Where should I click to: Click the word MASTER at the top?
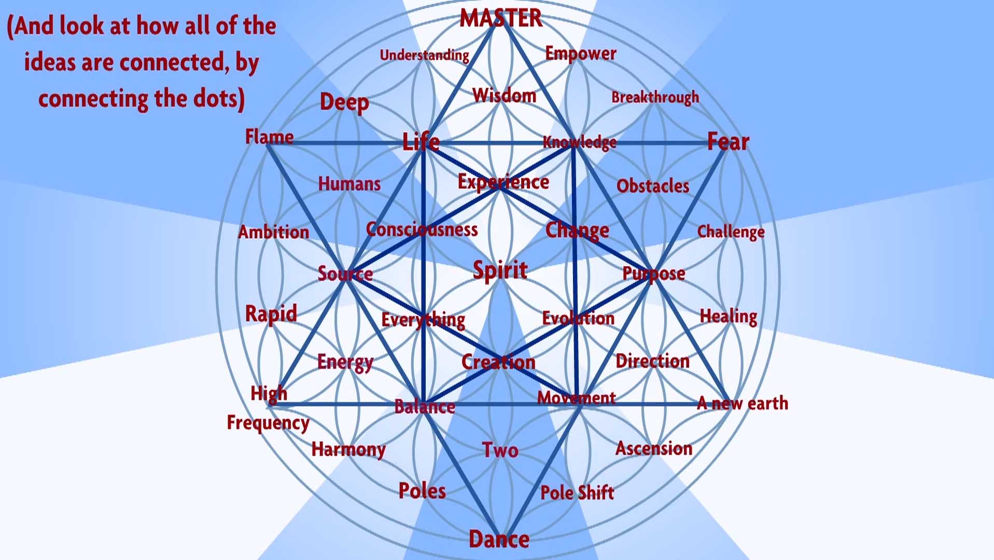(500, 18)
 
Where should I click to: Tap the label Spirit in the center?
(500, 270)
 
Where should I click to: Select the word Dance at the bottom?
(499, 539)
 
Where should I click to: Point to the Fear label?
(728, 142)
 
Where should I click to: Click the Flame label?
(269, 137)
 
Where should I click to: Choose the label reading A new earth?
(743, 403)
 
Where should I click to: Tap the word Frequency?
(268, 423)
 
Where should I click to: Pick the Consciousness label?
(422, 229)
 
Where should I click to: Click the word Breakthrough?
(655, 97)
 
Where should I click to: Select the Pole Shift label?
(577, 492)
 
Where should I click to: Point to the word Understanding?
(424, 55)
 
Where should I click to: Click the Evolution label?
(578, 318)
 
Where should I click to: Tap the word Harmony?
(348, 449)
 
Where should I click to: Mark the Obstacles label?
(653, 186)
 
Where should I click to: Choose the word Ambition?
(273, 232)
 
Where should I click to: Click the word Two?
(500, 450)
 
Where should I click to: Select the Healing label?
(729, 316)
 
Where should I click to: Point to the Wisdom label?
(504, 95)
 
